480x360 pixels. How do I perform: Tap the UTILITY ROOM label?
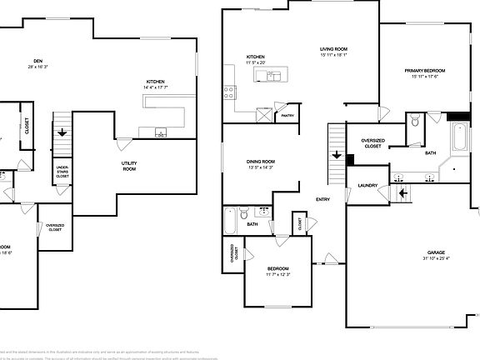(129, 166)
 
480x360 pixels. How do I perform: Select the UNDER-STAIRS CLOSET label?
(62, 171)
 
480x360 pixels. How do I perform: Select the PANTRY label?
(287, 116)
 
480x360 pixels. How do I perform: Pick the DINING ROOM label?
(261, 161)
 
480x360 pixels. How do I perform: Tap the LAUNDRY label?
(367, 185)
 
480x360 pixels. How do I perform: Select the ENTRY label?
(322, 199)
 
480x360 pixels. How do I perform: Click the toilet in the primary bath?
(414, 123)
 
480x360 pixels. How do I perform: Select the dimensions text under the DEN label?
(37, 67)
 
